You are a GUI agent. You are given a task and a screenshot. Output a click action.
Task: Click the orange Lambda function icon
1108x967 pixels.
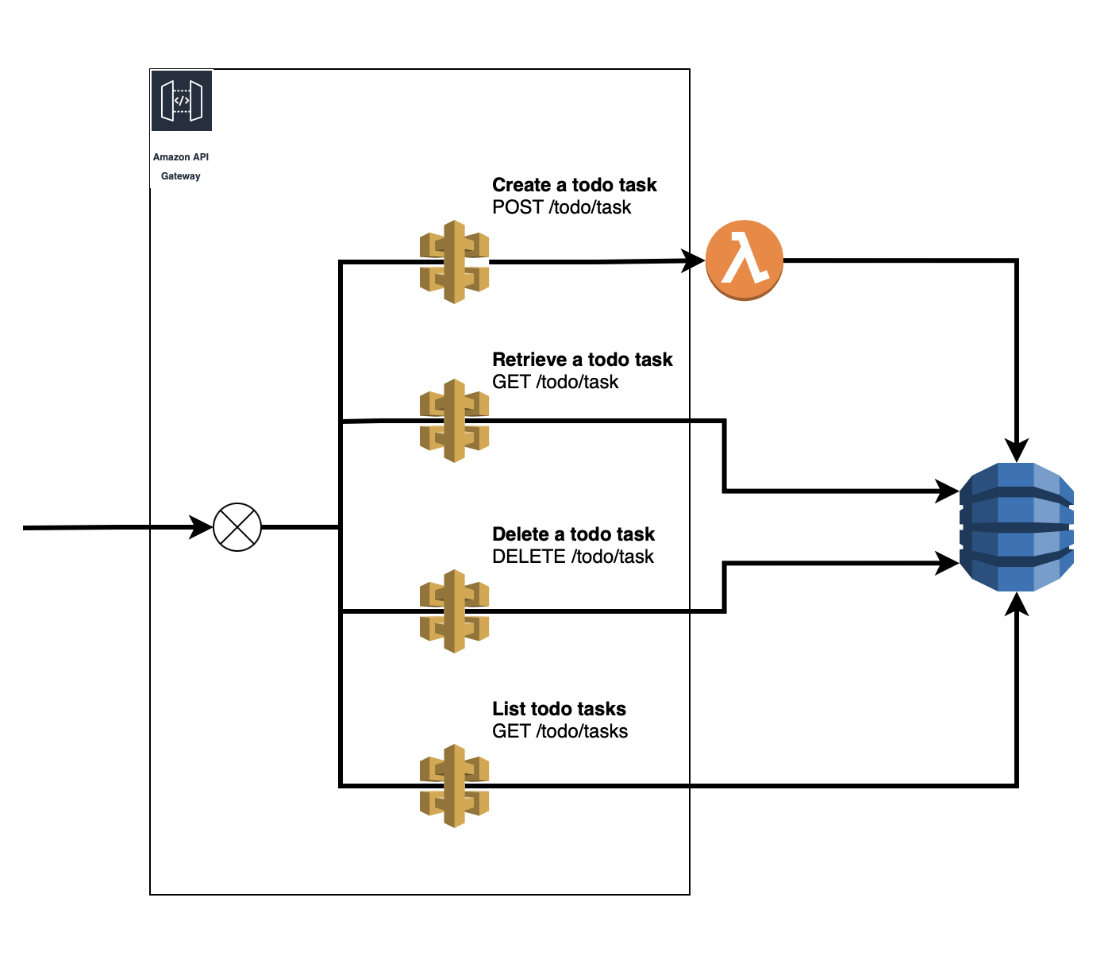click(x=744, y=261)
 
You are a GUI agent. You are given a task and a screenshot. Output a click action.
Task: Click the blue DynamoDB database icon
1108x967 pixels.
click(x=1017, y=527)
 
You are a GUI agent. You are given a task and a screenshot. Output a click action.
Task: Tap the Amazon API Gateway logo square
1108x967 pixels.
click(x=182, y=101)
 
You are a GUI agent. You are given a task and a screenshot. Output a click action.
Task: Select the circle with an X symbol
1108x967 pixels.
click(x=237, y=527)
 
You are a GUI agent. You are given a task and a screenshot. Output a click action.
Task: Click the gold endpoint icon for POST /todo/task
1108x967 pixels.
click(x=454, y=262)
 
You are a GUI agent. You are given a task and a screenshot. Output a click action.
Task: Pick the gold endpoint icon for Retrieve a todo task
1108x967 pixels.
click(x=454, y=421)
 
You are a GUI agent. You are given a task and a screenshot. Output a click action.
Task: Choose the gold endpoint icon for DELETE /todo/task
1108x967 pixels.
click(x=454, y=611)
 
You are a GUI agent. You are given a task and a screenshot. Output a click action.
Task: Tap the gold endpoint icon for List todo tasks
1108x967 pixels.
click(x=454, y=786)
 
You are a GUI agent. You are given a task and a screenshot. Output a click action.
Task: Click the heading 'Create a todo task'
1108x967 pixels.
click(x=574, y=185)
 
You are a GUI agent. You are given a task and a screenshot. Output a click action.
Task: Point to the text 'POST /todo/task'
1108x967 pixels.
click(x=561, y=207)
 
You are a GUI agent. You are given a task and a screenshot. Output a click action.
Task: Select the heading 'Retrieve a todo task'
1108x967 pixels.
click(x=582, y=360)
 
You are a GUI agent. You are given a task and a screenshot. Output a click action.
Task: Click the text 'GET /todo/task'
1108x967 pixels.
click(x=555, y=382)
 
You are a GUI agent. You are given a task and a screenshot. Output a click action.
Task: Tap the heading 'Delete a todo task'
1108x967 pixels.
click(x=573, y=534)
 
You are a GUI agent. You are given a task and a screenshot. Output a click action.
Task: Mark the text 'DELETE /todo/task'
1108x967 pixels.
click(x=572, y=557)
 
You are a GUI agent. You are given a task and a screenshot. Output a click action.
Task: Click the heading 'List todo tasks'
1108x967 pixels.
click(x=559, y=709)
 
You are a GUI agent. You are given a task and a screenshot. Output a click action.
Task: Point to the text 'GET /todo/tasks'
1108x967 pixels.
click(x=560, y=731)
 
